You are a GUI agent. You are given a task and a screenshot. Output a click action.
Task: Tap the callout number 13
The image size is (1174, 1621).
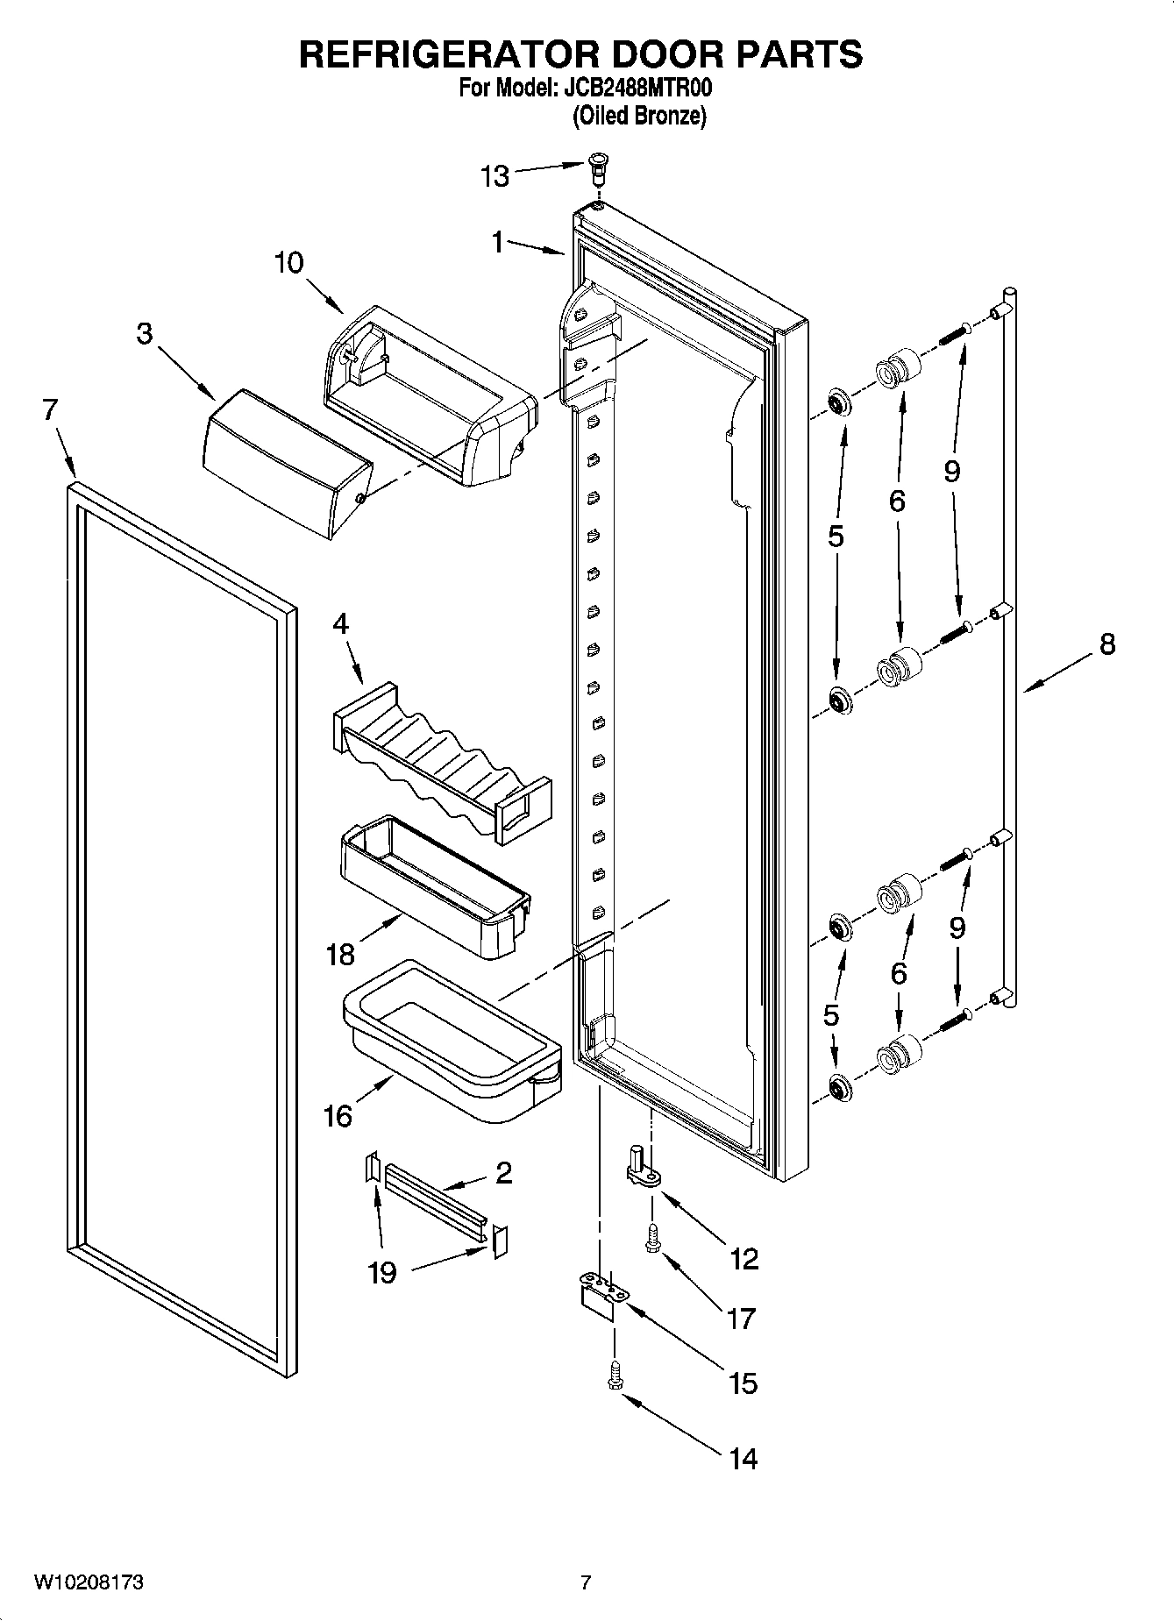pos(495,176)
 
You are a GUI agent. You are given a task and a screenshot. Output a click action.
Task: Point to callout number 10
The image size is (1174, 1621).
pos(288,262)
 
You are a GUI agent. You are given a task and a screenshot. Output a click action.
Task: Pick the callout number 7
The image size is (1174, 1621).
pos(50,409)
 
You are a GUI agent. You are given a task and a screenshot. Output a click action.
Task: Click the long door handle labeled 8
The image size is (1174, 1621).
pos(1009,649)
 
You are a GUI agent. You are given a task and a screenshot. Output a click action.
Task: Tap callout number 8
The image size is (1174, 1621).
pos(1107,644)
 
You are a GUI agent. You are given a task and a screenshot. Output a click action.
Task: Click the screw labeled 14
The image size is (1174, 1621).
pos(614,1376)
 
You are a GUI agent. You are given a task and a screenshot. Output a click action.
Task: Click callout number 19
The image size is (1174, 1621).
pos(382,1272)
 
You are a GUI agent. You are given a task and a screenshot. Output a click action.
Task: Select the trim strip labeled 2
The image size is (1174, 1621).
pos(434,1201)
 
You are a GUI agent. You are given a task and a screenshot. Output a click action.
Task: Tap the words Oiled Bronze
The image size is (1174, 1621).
pos(639,116)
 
